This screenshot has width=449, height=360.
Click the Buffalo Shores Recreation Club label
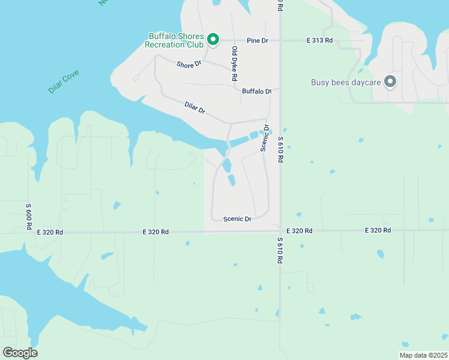(176, 40)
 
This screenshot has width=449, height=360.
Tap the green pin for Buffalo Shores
(212, 40)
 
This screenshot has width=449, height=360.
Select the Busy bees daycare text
(346, 82)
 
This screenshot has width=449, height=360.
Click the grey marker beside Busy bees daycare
(390, 82)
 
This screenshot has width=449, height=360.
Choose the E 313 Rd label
(319, 40)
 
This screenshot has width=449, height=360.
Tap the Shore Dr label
(188, 64)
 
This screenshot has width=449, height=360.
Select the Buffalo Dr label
(257, 91)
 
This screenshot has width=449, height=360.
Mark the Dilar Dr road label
(195, 108)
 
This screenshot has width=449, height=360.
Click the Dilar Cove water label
(64, 82)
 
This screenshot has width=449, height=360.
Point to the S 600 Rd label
(28, 216)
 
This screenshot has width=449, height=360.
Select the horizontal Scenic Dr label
(237, 219)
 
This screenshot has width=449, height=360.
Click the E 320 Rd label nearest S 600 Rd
(50, 232)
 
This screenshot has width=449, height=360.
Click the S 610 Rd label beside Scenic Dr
(280, 150)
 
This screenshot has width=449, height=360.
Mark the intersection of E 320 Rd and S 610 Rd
(280, 231)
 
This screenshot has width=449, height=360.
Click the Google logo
(20, 353)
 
